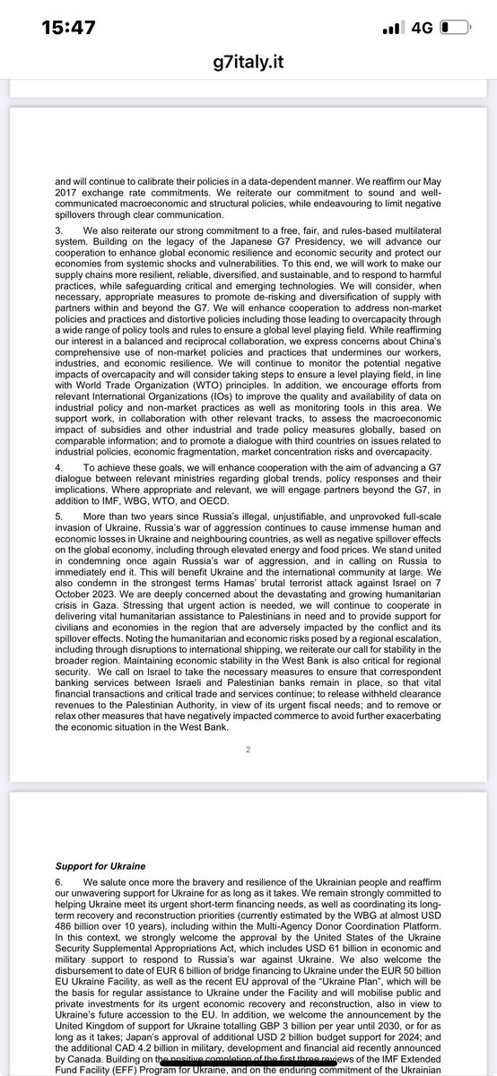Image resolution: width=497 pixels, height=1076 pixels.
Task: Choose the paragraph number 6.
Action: [58, 881]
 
